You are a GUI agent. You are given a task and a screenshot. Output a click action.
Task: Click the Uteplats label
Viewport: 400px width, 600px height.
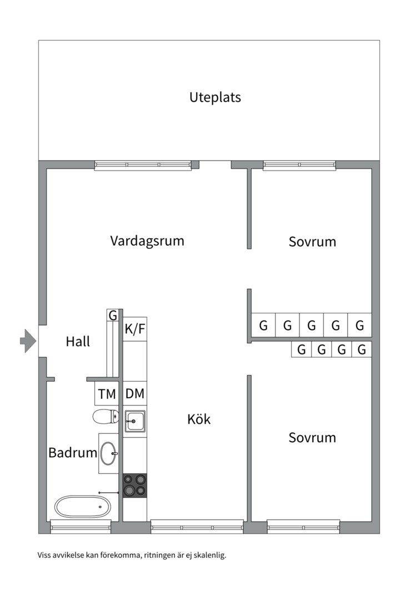point(215,97)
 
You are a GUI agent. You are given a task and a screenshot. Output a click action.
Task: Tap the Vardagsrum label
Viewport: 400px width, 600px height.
point(147,241)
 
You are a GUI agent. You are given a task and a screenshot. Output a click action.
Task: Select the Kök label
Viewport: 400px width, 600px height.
point(199,419)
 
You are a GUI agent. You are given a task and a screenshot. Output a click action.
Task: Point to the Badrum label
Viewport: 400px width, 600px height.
point(73,453)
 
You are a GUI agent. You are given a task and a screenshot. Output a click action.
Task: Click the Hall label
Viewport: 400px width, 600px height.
point(78,341)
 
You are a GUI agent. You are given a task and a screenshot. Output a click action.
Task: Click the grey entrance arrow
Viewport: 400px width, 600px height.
point(27,341)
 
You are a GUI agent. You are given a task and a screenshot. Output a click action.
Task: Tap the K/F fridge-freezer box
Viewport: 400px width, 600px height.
point(134,329)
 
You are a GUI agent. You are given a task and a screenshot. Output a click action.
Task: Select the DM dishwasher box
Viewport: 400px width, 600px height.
point(134,394)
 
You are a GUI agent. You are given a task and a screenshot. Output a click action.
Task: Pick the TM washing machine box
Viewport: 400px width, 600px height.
point(107,394)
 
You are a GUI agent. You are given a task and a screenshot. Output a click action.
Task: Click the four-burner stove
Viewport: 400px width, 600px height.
point(134,486)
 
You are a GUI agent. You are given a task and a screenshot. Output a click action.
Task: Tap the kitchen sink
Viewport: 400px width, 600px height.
point(134,422)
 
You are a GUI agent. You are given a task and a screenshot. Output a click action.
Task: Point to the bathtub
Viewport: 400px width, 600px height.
point(82,506)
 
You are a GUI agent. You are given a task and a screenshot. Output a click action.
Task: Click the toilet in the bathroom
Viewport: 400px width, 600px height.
point(106,416)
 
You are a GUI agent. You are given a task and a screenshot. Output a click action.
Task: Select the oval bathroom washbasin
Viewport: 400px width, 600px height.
point(109,453)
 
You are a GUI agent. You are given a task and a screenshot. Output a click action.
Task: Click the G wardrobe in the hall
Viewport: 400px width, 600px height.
point(113,316)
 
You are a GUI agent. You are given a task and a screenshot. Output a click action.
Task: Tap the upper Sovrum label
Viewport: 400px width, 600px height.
point(312,242)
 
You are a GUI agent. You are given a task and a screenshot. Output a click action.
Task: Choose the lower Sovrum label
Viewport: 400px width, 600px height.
point(312,438)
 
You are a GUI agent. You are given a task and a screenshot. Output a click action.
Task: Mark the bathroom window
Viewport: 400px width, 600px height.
point(81,526)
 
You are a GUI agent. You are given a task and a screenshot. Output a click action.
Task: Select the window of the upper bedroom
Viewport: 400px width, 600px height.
point(299,164)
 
